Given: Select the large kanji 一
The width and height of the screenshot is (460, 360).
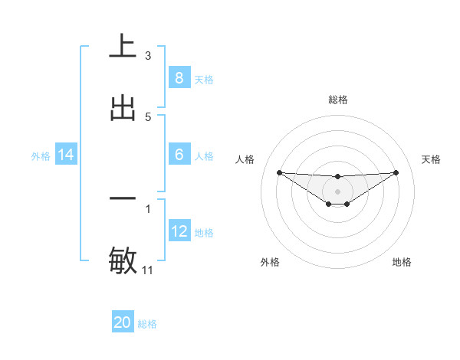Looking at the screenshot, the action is pyautogui.click(x=123, y=198).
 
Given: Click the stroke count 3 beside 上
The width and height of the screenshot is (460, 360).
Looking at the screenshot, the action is pyautogui.click(x=148, y=55).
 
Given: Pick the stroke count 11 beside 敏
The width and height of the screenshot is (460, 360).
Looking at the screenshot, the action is pyautogui.click(x=149, y=270).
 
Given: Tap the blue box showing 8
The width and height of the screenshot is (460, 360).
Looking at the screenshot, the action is pyautogui.click(x=179, y=77).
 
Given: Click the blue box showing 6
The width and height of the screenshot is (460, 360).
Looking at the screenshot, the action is pyautogui.click(x=179, y=155).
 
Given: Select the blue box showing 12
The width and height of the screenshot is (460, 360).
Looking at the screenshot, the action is pyautogui.click(x=179, y=231).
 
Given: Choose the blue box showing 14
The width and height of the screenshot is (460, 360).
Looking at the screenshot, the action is pyautogui.click(x=66, y=155).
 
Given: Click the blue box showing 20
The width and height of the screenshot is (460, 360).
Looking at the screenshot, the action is pyautogui.click(x=123, y=322).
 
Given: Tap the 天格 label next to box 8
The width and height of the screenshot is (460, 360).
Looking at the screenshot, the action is pyautogui.click(x=204, y=79).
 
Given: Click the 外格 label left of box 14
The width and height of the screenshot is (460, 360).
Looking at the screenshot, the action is pyautogui.click(x=41, y=156).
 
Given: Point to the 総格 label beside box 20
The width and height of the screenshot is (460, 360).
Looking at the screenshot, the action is pyautogui.click(x=147, y=324).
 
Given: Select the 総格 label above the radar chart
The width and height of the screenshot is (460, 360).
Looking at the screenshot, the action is pyautogui.click(x=338, y=100).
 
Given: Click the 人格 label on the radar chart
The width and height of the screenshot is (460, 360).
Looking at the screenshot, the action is pyautogui.click(x=245, y=159).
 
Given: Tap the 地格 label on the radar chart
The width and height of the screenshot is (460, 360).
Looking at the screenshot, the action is pyautogui.click(x=402, y=262).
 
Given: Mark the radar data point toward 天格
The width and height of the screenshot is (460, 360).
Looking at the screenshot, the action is pyautogui.click(x=396, y=172).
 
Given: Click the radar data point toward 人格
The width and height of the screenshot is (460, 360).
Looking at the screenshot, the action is pyautogui.click(x=279, y=172).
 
